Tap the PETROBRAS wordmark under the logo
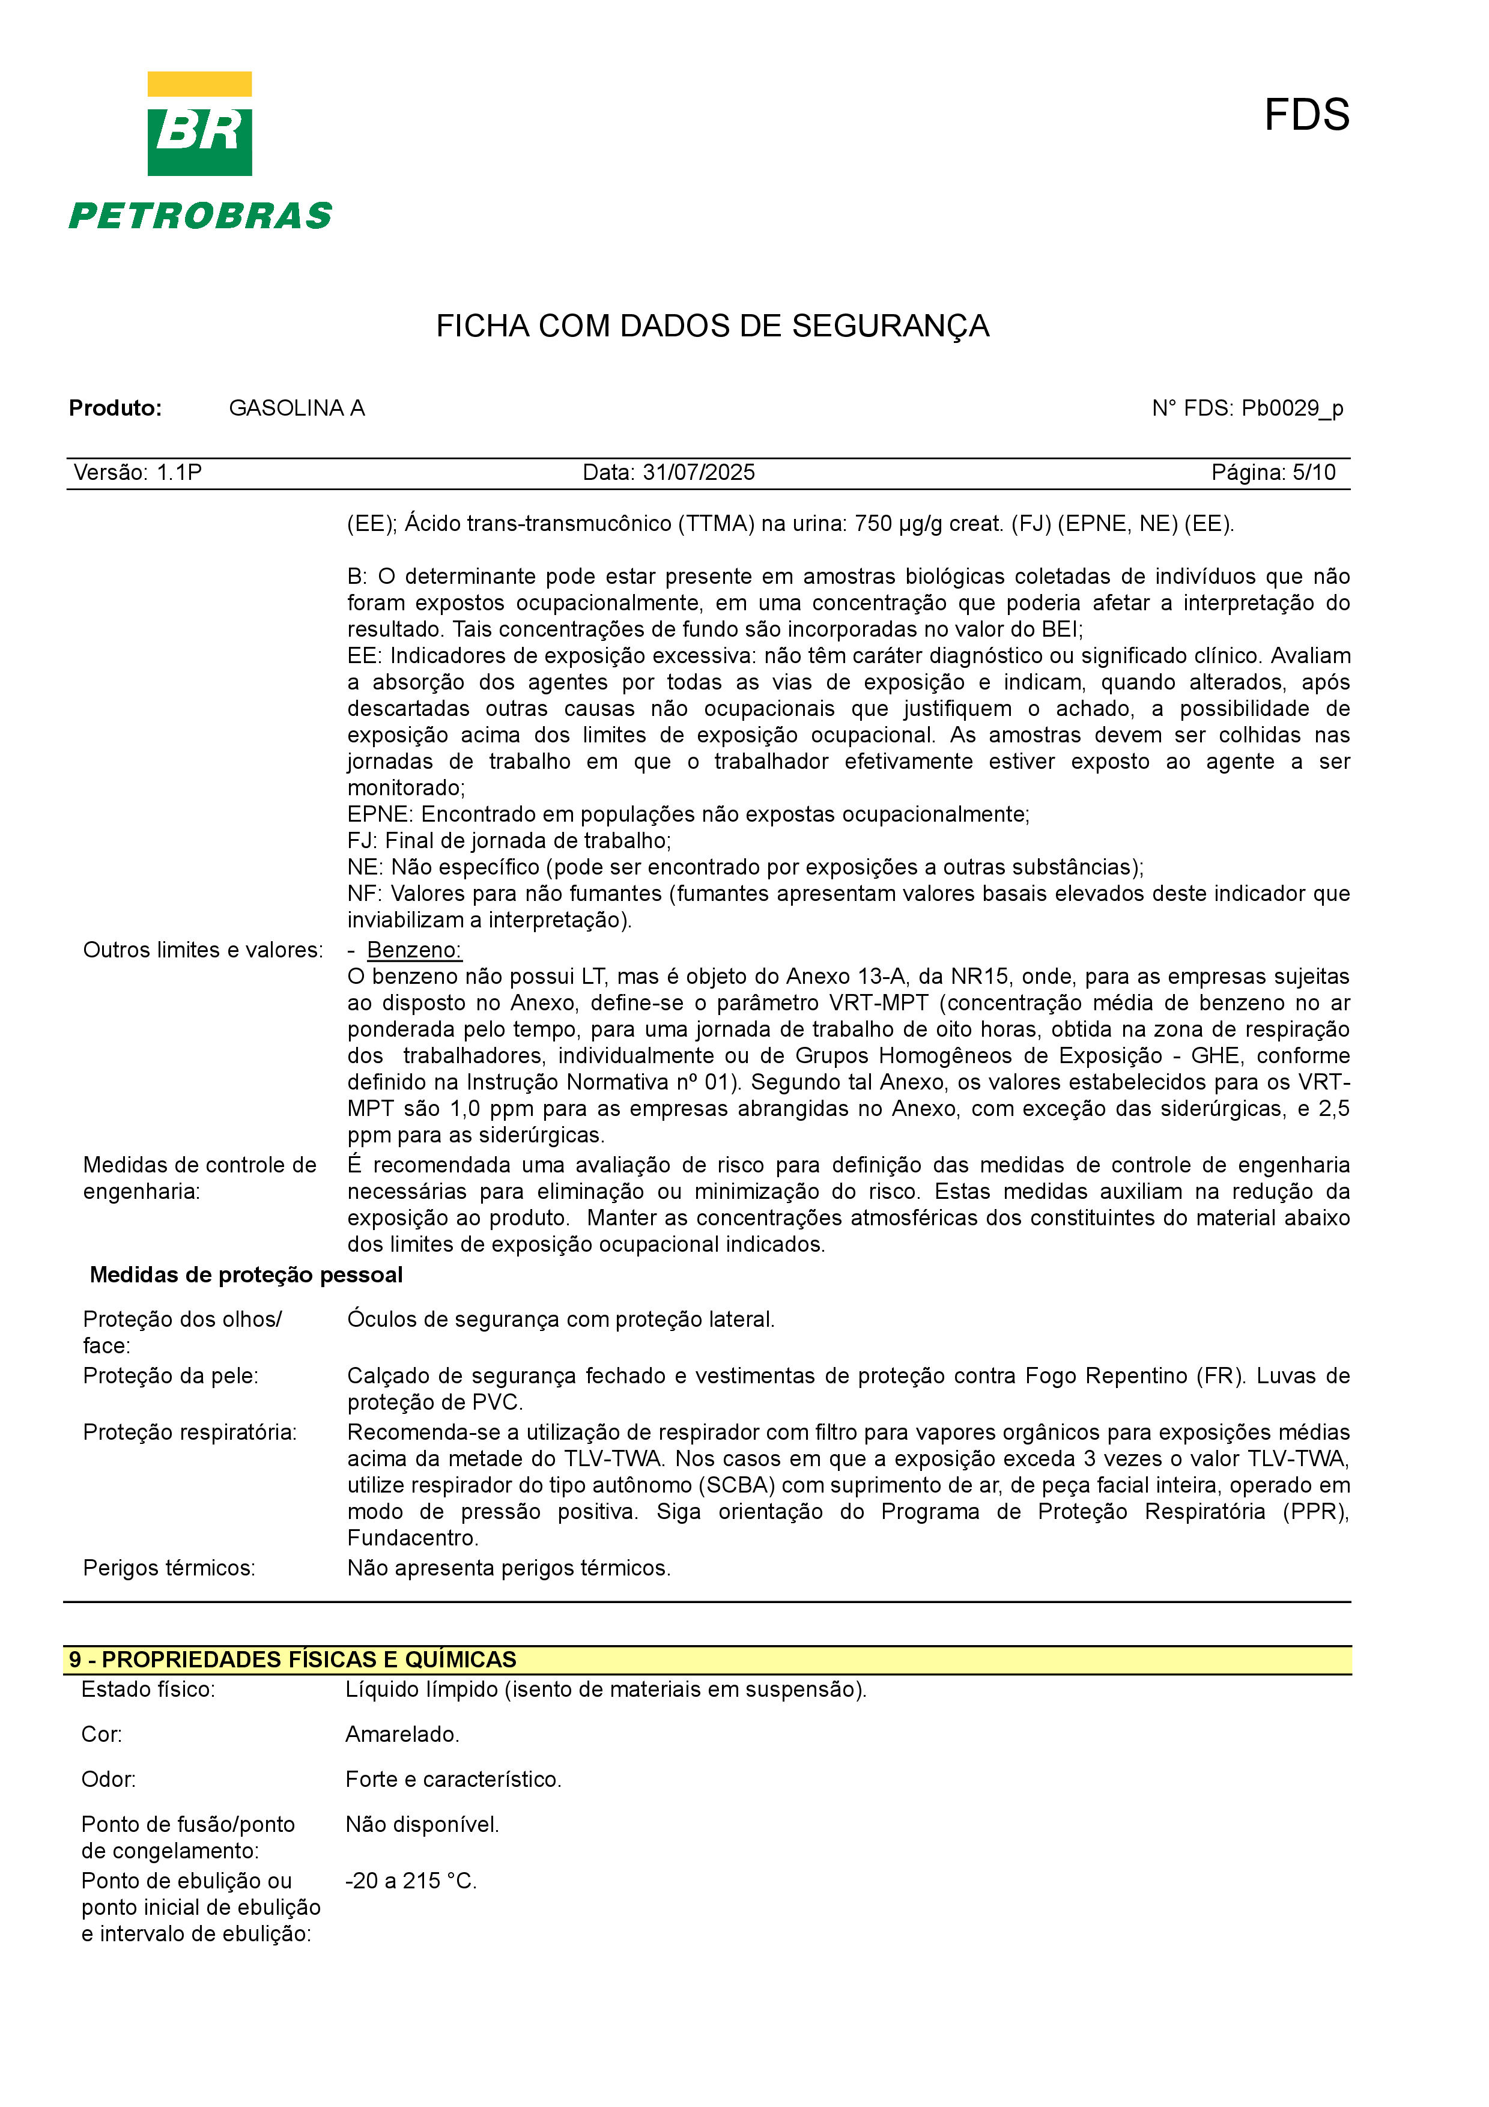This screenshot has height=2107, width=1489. [x=200, y=217]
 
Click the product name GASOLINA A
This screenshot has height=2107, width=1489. [x=296, y=408]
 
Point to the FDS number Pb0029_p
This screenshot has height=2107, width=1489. [x=1292, y=408]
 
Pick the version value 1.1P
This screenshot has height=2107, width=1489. [x=179, y=473]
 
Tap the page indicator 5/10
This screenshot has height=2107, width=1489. [x=1314, y=473]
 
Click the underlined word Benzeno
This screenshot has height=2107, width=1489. [x=414, y=951]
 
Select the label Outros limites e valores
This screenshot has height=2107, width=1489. [x=203, y=951]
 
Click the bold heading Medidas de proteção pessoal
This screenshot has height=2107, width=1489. [x=246, y=1276]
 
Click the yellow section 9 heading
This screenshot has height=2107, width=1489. [x=293, y=1660]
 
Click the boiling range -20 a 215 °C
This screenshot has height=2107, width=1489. [x=410, y=1881]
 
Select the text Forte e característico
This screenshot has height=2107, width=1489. [x=453, y=1780]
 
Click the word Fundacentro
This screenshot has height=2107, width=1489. [x=412, y=1538]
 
